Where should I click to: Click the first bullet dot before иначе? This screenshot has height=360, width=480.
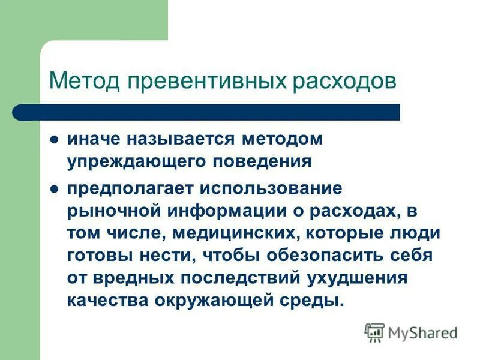tap(55, 139)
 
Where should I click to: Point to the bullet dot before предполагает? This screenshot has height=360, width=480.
tap(55, 188)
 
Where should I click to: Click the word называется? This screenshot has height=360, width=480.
tap(179, 139)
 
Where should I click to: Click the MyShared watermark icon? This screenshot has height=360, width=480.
tap(374, 332)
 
